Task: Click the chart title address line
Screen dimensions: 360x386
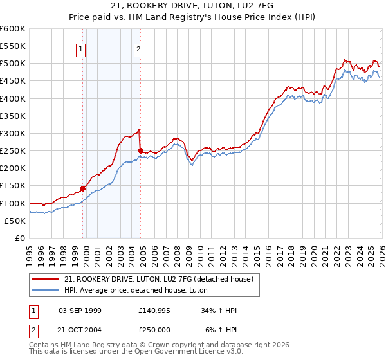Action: pyautogui.click(x=192, y=6)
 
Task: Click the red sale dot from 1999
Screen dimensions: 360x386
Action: pyautogui.click(x=82, y=189)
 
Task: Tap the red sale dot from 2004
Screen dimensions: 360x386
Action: pyautogui.click(x=140, y=150)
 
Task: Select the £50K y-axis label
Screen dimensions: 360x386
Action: pyautogui.click(x=14, y=221)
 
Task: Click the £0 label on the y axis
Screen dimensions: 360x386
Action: pyautogui.click(x=19, y=238)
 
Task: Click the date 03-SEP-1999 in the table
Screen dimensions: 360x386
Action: pyautogui.click(x=80, y=310)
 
